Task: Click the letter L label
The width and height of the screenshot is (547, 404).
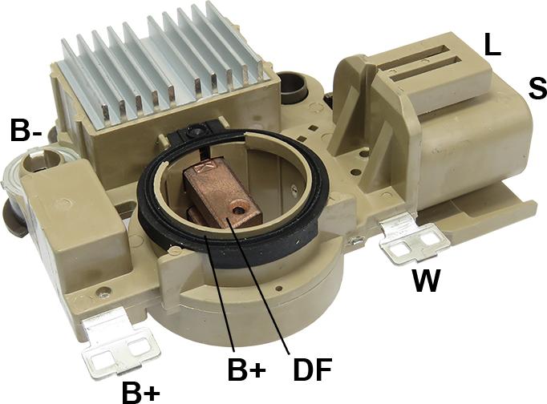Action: [x=492, y=44]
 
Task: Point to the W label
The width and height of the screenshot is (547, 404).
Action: [x=426, y=281]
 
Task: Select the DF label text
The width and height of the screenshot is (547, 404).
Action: [x=312, y=369]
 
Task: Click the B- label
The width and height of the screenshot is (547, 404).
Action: [x=26, y=130]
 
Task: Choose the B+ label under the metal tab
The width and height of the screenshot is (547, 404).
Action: [x=141, y=393]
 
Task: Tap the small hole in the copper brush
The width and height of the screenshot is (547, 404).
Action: [x=239, y=210]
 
